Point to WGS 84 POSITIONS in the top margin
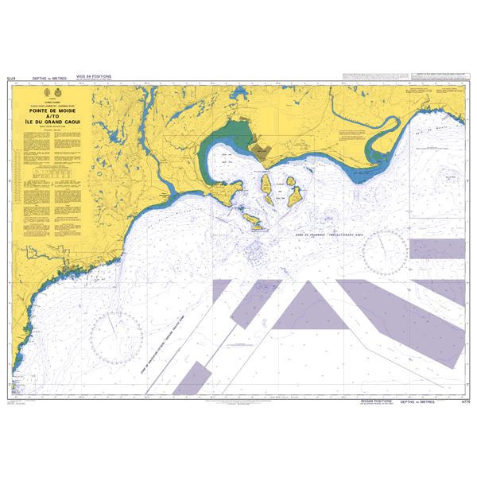tap(93, 78)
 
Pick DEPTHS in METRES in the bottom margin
tap(417, 403)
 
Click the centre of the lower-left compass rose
tap(115, 335)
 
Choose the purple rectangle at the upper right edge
tap(436, 249)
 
